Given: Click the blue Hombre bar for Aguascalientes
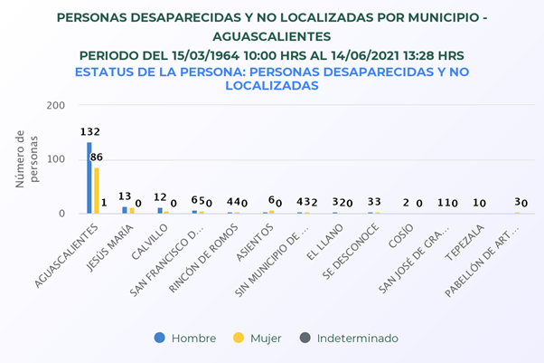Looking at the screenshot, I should [89, 177].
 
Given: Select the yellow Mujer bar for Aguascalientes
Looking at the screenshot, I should [97, 190].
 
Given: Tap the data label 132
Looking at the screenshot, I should [89, 132].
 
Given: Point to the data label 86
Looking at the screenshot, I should [97, 158].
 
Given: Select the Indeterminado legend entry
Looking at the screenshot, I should [352, 339].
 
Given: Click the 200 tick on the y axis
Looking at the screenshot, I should [57, 106].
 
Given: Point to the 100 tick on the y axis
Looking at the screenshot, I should [57, 160].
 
